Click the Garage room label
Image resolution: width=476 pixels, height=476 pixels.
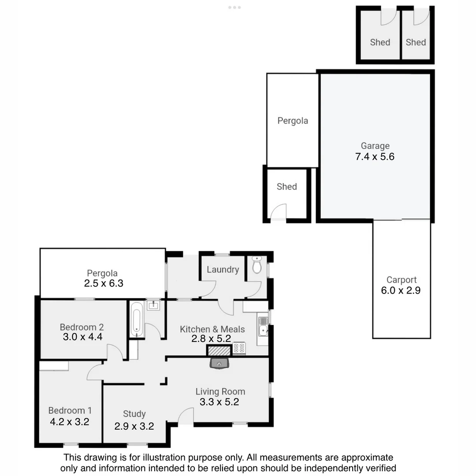pyautogui.click(x=375, y=145)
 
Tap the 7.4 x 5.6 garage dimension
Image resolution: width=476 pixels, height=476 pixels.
pyautogui.click(x=375, y=156)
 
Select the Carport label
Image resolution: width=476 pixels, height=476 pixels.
pyautogui.click(x=401, y=280)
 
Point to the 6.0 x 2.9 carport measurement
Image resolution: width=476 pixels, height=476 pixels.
pyautogui.click(x=401, y=290)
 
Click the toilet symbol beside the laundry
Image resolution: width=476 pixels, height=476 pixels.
pyautogui.click(x=257, y=265)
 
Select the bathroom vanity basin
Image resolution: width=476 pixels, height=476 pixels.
pyautogui.click(x=153, y=305)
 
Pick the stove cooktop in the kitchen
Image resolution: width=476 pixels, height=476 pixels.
pyautogui.click(x=239, y=348)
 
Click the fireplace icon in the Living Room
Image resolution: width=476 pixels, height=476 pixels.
pyautogui.click(x=219, y=364)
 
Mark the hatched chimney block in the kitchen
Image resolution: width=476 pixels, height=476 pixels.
pyautogui.click(x=219, y=351)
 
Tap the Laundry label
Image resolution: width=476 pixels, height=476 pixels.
pyautogui.click(x=223, y=269)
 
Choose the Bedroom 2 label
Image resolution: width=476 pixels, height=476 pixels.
pyautogui.click(x=82, y=327)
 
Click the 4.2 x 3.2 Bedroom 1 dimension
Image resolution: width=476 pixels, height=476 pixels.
pyautogui.click(x=70, y=422)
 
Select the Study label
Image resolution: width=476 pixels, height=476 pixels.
pyautogui.click(x=134, y=414)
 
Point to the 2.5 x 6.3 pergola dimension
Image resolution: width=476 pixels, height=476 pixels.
pyautogui.click(x=104, y=283)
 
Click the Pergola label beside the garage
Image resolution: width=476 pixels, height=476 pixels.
pyautogui.click(x=293, y=120)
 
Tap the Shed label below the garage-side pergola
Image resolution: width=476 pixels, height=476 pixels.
pyautogui.click(x=286, y=186)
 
